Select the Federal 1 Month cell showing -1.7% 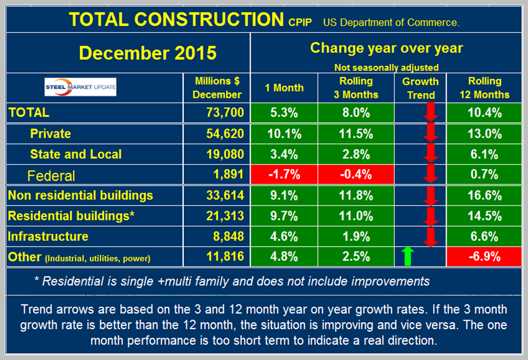[284, 175]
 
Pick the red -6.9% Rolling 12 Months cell [484, 257]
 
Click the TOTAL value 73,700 [224, 112]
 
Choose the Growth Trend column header [421, 88]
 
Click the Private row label [50, 133]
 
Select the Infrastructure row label [48, 236]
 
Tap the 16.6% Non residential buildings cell [484, 195]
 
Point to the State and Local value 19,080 [224, 154]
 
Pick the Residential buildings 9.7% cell [284, 216]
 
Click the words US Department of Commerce [392, 23]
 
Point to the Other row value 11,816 [224, 257]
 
